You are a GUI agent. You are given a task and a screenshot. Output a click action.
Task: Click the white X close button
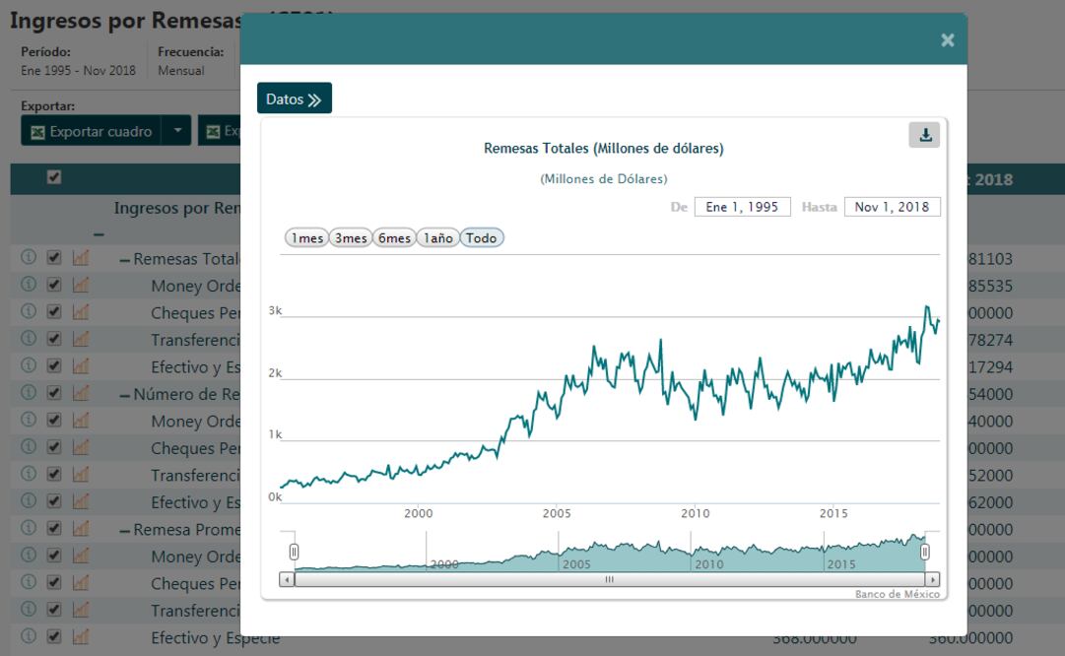[947, 40]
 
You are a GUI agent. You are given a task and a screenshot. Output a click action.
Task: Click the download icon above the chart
[924, 136]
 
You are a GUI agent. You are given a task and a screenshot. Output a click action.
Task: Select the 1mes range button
[305, 238]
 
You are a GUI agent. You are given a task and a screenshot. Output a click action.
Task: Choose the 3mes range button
[349, 238]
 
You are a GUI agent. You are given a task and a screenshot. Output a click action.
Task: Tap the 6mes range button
[393, 238]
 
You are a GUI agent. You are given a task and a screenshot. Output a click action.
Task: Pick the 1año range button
[436, 238]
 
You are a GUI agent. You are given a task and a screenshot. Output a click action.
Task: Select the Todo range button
[482, 238]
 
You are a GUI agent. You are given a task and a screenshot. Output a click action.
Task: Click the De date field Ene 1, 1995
[742, 207]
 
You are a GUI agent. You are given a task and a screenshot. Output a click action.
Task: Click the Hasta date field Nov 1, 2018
[892, 207]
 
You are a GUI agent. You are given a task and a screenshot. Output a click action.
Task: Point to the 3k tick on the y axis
[276, 311]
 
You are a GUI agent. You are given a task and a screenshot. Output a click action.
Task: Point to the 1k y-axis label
[276, 434]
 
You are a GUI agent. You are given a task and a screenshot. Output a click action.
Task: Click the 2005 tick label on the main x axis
[557, 513]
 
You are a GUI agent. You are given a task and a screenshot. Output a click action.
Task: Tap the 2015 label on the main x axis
[833, 513]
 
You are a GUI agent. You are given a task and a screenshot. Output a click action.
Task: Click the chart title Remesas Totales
[604, 149]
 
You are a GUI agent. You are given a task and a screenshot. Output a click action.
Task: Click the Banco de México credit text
[897, 594]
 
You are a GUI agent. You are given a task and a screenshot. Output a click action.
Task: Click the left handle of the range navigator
[293, 551]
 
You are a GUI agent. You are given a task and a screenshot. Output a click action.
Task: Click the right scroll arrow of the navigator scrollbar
[932, 579]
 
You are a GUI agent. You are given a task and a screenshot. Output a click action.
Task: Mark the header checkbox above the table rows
[55, 177]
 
